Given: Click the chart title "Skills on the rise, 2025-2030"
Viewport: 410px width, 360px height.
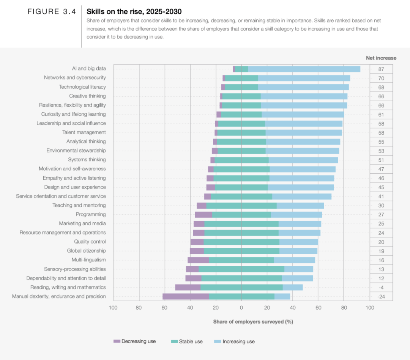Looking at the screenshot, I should pyautogui.click(x=134, y=11).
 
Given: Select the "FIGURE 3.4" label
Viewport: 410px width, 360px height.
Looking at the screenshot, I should pyautogui.click(x=52, y=11).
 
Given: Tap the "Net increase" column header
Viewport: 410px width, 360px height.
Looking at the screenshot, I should pyautogui.click(x=381, y=58).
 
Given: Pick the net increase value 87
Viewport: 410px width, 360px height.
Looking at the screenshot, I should pyautogui.click(x=381, y=69).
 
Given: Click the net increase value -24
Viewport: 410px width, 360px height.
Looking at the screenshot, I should pyautogui.click(x=381, y=297).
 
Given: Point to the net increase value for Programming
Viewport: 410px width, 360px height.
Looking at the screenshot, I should pyautogui.click(x=381, y=215).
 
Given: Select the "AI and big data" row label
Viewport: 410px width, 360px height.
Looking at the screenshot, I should pyautogui.click(x=89, y=69).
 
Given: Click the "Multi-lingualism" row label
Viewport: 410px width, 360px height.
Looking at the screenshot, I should pyautogui.click(x=88, y=260).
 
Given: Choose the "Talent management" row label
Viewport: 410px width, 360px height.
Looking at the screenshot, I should pyautogui.click(x=84, y=132).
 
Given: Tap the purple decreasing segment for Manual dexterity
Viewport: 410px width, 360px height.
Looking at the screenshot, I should pyautogui.click(x=185, y=297).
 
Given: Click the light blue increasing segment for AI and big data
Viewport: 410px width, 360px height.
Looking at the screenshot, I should pyautogui.click(x=304, y=69).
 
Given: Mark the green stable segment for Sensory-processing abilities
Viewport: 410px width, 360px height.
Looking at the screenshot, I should pyautogui.click(x=241, y=269).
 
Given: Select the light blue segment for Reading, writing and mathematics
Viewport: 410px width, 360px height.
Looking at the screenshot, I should pyautogui.click(x=293, y=288).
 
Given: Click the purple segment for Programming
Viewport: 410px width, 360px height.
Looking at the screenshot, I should pyautogui.click(x=203, y=215).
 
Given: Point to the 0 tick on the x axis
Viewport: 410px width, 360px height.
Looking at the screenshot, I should pyautogui.click(x=241, y=307).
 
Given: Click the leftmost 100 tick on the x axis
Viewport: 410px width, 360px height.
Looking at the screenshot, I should pyautogui.click(x=113, y=307).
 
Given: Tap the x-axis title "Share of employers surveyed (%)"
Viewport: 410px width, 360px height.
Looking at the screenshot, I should pyautogui.click(x=253, y=322).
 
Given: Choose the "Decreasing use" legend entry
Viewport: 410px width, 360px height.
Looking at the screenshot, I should pyautogui.click(x=135, y=341).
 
